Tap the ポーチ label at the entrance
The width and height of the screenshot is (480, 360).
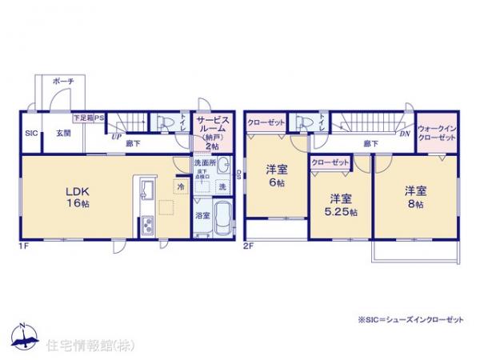click(x=63, y=82)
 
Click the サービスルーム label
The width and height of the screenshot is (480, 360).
click(x=213, y=128)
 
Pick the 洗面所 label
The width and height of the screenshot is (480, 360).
click(x=203, y=163)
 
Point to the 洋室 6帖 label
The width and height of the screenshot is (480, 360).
click(x=276, y=175)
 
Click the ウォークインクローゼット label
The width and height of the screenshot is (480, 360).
click(x=437, y=132)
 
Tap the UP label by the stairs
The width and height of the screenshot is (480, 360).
click(x=117, y=137)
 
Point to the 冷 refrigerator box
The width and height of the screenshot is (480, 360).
click(x=180, y=186)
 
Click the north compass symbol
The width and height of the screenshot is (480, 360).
click(x=22, y=336)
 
